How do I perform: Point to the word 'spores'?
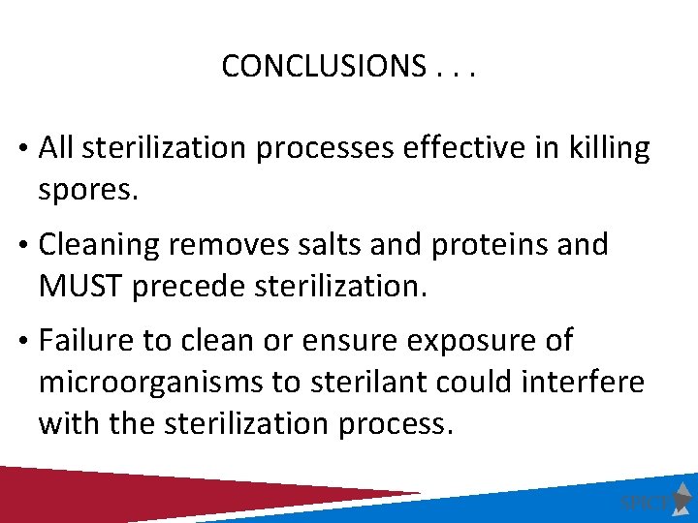(87, 190)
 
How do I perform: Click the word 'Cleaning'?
(99, 245)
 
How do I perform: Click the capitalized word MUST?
(80, 287)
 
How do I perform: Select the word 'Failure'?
(88, 341)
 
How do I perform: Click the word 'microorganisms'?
(151, 383)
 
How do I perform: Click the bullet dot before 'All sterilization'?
(20, 149)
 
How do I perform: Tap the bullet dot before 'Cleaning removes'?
(20, 246)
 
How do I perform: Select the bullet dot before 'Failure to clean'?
(20, 342)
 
